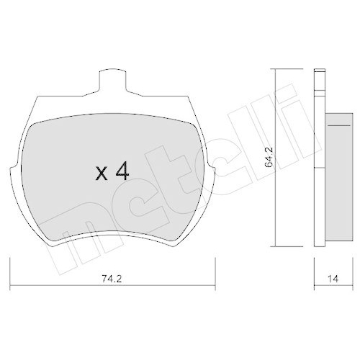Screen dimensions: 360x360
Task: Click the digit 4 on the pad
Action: pyautogui.click(x=122, y=171)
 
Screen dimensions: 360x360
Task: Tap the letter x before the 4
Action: pyautogui.click(x=102, y=173)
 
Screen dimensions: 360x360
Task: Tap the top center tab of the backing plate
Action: pyautogui.click(x=112, y=81)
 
